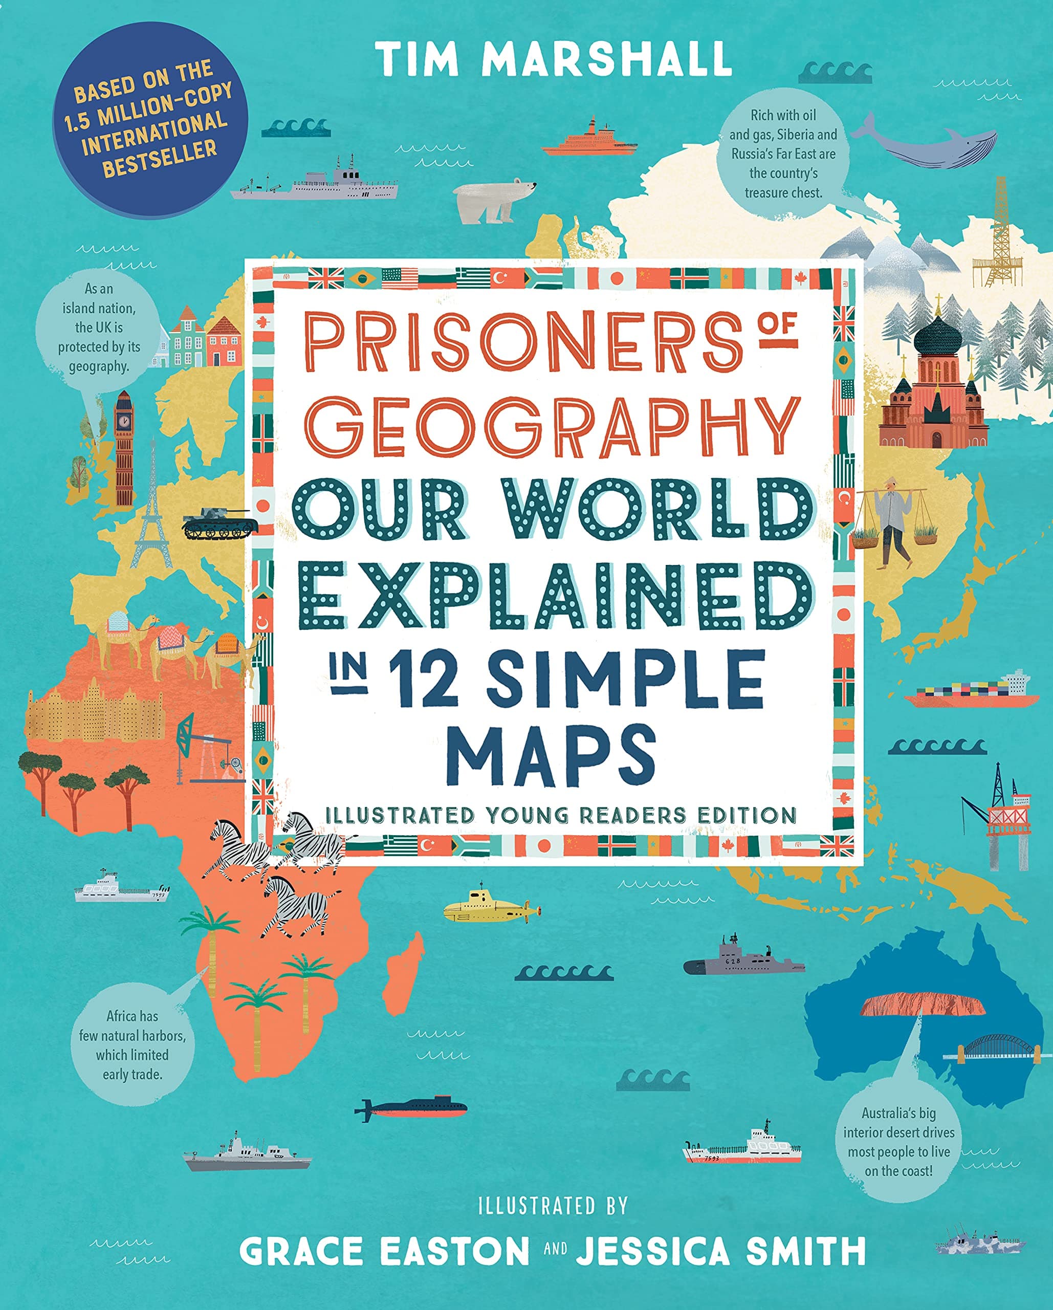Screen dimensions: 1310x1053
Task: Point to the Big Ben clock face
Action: [x=123, y=419]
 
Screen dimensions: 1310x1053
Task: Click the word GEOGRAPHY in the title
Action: [x=558, y=427]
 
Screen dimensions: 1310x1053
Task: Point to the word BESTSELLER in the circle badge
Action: [x=159, y=158]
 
